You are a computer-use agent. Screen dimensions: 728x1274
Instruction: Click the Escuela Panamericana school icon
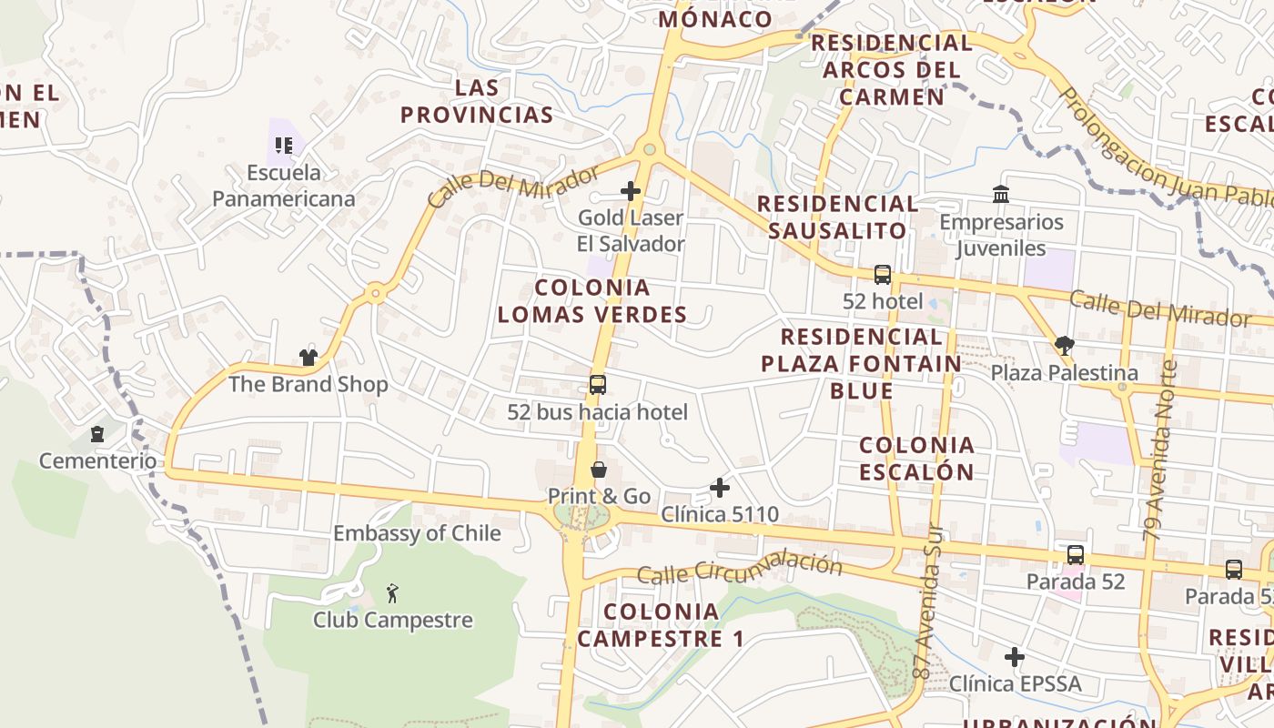coord(283,145)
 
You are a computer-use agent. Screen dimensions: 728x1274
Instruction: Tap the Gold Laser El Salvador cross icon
coord(630,191)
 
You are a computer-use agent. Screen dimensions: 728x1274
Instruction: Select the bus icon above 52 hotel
coord(882,274)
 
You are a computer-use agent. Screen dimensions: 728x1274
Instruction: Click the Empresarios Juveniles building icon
coord(1001,194)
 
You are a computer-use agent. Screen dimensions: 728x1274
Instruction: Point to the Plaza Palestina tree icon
coord(1064,345)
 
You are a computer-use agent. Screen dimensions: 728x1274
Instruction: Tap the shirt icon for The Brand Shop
coord(308,357)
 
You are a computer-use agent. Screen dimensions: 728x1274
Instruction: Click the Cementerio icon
coord(97,434)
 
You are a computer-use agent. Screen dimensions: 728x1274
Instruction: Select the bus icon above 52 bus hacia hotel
coord(597,385)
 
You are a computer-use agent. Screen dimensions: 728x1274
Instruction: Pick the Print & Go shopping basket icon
coord(599,470)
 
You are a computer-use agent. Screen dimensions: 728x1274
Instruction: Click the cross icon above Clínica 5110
coord(720,488)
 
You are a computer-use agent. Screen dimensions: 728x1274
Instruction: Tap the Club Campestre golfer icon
coord(392,593)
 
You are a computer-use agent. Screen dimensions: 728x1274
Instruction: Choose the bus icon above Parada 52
coord(1075,554)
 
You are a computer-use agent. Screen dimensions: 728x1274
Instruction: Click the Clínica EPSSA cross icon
coord(1015,656)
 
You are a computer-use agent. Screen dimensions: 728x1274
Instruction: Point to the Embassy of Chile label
coord(417,533)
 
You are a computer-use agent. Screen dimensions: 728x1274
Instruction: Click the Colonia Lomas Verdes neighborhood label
coord(592,301)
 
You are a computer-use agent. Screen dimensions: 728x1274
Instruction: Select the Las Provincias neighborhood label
coord(477,101)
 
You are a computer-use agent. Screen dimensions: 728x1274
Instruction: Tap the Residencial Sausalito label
coord(837,217)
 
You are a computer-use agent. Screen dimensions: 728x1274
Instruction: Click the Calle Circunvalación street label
coord(739,568)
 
